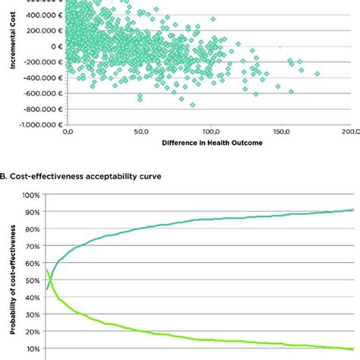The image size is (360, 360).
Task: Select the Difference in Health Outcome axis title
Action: (x=208, y=143)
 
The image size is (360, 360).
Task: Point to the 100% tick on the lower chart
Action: (x=30, y=195)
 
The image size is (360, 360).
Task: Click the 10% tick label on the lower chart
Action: (x=31, y=348)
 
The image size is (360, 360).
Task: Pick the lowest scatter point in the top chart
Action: (x=192, y=105)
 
